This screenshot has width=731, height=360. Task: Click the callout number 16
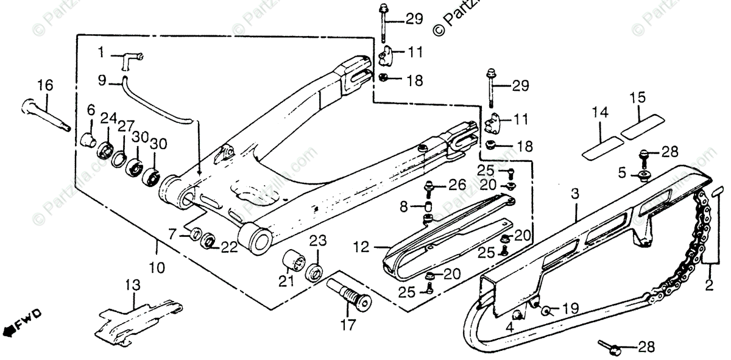[46, 85]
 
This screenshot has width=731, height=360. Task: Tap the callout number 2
[709, 284]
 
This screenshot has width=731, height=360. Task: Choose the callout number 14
[600, 112]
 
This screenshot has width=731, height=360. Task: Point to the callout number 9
[102, 79]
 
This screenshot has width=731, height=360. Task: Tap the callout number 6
[91, 110]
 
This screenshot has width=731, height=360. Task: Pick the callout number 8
[403, 208]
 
